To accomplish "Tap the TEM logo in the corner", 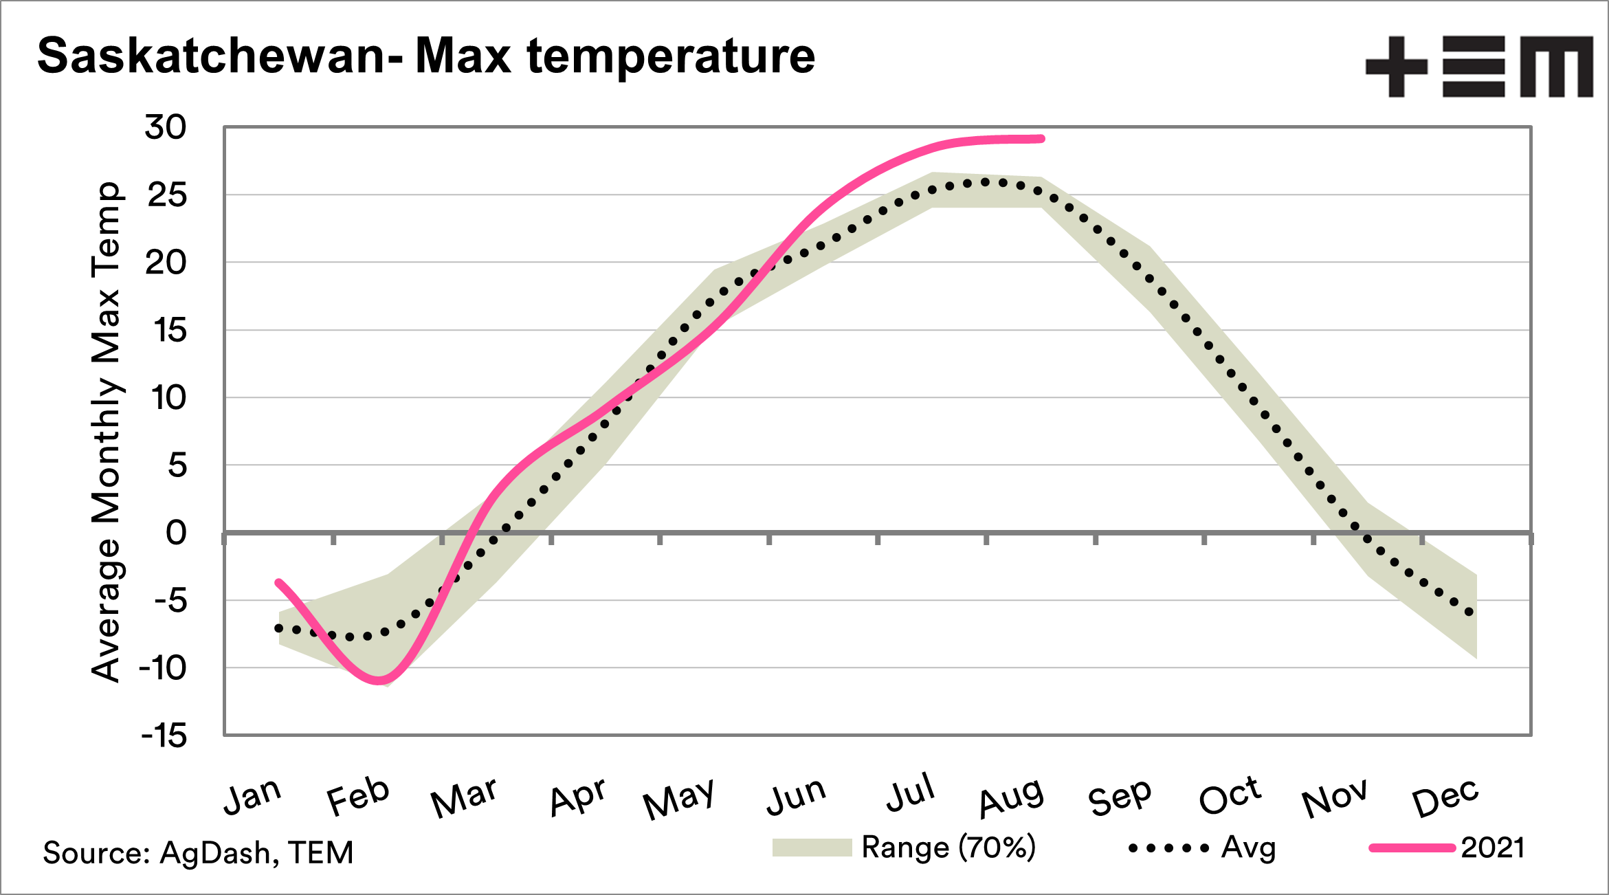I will [x=1478, y=66].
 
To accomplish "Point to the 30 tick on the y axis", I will [x=166, y=127].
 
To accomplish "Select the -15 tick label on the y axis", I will [x=164, y=736].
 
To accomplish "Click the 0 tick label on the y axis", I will [x=176, y=533].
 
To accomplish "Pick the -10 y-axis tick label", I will [x=163, y=668].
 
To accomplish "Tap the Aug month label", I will [x=1011, y=797].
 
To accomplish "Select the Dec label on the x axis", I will [x=1445, y=797].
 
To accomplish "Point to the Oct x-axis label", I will [x=1230, y=796].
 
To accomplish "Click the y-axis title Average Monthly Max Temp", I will [x=107, y=432].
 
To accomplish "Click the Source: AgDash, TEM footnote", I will [x=198, y=852].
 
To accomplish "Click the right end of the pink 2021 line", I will [x=1041, y=139].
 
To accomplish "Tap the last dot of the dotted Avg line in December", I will [x=1469, y=612].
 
